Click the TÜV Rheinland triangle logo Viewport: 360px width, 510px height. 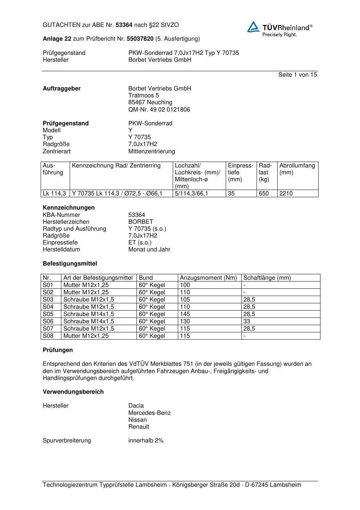coord(253,27)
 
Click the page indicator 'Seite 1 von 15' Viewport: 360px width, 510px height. coord(297,75)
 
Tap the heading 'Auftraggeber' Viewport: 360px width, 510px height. coord(62,89)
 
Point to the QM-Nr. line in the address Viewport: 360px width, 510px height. coord(159,110)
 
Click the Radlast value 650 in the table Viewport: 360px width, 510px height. coord(264,194)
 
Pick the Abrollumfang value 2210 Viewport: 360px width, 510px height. coord(286,194)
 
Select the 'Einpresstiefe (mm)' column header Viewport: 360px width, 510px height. coord(241,173)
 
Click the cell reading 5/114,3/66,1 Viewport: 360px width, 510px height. coord(191,194)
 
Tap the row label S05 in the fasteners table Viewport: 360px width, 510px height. coord(48,314)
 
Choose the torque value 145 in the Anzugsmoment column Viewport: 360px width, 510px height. coord(185,314)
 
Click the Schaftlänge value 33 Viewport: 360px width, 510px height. coord(247,321)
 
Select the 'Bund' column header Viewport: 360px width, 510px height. coord(146,278)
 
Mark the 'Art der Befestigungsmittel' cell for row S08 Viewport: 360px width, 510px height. coord(86,336)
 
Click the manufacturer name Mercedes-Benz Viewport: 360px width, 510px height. coord(149,413)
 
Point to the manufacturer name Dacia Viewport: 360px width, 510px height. coord(136,406)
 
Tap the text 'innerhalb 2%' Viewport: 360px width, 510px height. coord(146,441)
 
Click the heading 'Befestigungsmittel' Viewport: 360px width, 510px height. coord(70,264)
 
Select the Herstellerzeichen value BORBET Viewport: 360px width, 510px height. coord(141,222)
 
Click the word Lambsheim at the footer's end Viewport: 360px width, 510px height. coord(285,485)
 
